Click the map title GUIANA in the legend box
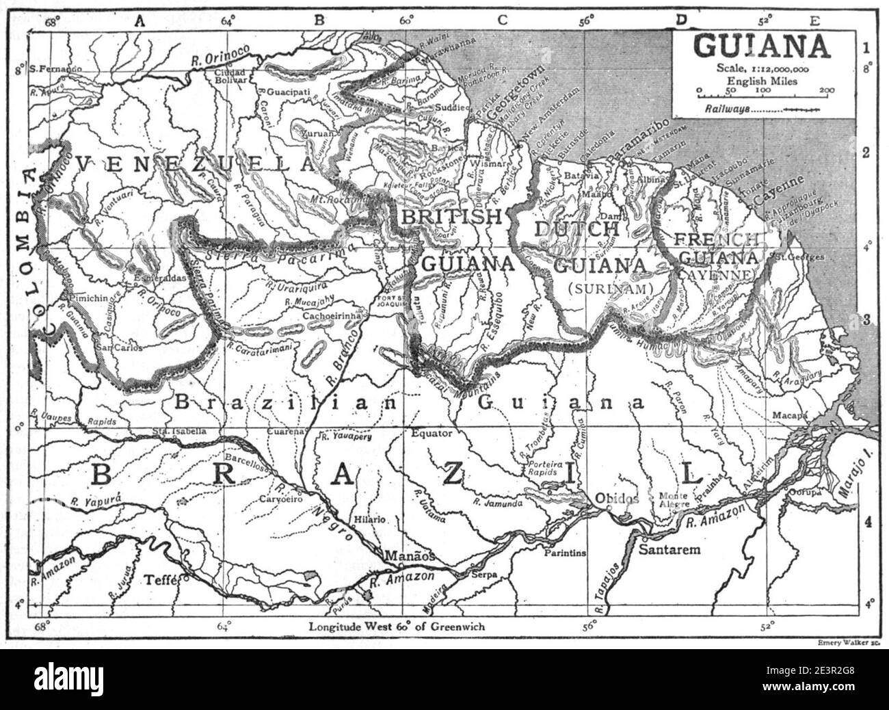point(761,46)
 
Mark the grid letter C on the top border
point(503,21)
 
